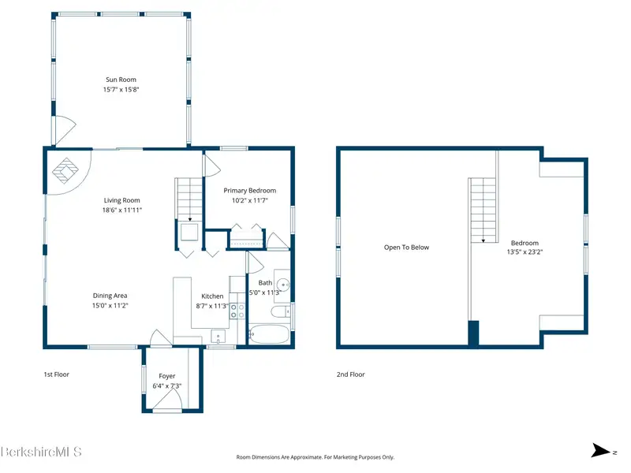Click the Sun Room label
pyautogui.click(x=121, y=80)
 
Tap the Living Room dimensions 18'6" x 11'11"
pyautogui.click(x=122, y=210)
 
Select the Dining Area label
pyautogui.click(x=110, y=296)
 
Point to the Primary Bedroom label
pyautogui.click(x=250, y=191)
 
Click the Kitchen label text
pyautogui.click(x=212, y=296)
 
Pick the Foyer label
pyautogui.click(x=167, y=376)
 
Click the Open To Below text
pyautogui.click(x=406, y=248)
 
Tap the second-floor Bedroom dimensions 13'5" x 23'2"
pyautogui.click(x=525, y=252)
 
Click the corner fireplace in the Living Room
pyautogui.click(x=65, y=170)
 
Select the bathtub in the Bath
pyautogui.click(x=269, y=334)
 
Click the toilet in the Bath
pyautogui.click(x=282, y=311)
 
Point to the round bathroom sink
pyautogui.click(x=283, y=285)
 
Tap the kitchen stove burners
pyautogui.click(x=237, y=311)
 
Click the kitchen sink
pyautogui.click(x=218, y=337)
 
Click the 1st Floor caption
pyautogui.click(x=56, y=374)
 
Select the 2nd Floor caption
pyautogui.click(x=350, y=374)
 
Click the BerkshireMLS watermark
pyautogui.click(x=41, y=452)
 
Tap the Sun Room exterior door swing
pyautogui.click(x=65, y=130)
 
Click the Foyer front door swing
pyautogui.click(x=168, y=401)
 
